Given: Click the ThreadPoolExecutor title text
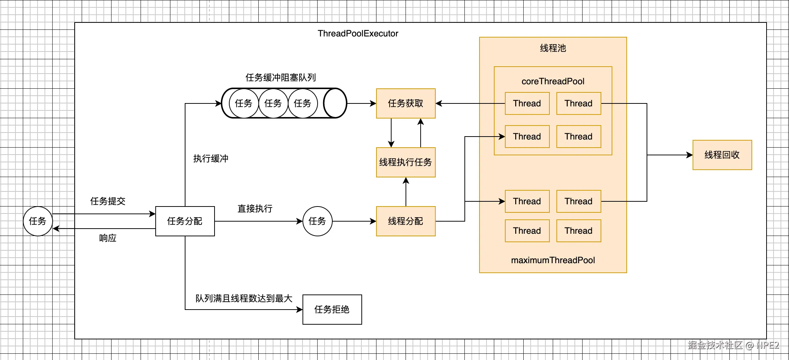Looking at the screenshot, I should pyautogui.click(x=358, y=33).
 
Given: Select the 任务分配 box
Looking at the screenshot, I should pyautogui.click(x=185, y=221).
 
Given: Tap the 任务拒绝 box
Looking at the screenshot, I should pyautogui.click(x=332, y=310).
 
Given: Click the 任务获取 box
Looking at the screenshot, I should pyautogui.click(x=406, y=103).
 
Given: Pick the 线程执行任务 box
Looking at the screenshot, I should pyautogui.click(x=406, y=162).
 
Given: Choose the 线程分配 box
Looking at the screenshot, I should pyautogui.click(x=406, y=221).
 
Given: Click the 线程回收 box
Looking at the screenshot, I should pyautogui.click(x=722, y=155).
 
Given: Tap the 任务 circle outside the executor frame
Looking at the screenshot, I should pyautogui.click(x=38, y=221).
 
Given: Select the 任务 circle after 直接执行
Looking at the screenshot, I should pyautogui.click(x=317, y=221).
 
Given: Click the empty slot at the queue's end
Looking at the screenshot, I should pyautogui.click(x=335, y=103).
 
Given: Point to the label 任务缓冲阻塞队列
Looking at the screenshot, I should pyautogui.click(x=280, y=78).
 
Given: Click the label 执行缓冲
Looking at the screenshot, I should pyautogui.click(x=210, y=159).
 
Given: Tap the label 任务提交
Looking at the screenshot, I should pyautogui.click(x=107, y=201).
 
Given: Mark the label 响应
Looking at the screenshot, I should pyautogui.click(x=107, y=238).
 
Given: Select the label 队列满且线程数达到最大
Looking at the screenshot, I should pyautogui.click(x=244, y=299).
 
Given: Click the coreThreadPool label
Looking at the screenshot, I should pyautogui.click(x=553, y=81).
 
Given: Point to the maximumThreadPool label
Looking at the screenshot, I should pyautogui.click(x=553, y=260).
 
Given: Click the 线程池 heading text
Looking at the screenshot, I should pyautogui.click(x=553, y=48).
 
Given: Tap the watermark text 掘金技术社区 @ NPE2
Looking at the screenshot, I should pyautogui.click(x=733, y=345).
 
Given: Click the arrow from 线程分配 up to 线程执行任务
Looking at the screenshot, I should pyautogui.click(x=406, y=192).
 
